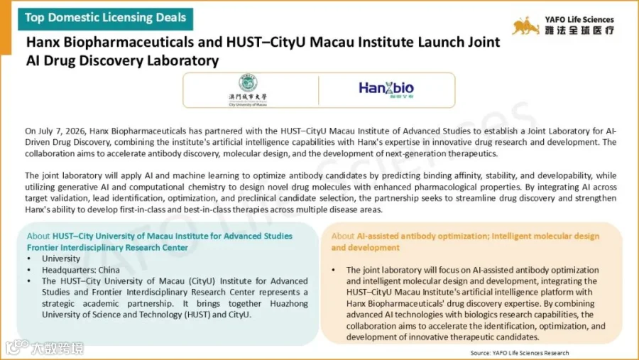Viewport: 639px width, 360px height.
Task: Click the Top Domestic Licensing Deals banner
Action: [105, 18]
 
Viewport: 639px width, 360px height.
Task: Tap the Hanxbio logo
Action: [386, 89]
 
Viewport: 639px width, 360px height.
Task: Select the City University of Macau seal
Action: [248, 83]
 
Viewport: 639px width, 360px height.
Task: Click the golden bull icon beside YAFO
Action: [525, 26]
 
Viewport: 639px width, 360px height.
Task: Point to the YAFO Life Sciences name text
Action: [579, 20]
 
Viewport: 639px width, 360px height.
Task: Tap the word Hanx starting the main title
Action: [43, 42]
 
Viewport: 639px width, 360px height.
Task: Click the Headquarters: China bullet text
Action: [81, 270]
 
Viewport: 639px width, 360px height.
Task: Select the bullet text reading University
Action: [61, 258]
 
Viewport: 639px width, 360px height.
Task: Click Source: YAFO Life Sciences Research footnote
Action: [520, 353]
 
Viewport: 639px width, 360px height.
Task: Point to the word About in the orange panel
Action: [343, 236]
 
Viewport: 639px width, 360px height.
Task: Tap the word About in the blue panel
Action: [38, 236]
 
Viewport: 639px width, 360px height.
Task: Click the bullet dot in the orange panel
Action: [334, 270]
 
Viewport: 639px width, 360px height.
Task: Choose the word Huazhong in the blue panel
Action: [289, 303]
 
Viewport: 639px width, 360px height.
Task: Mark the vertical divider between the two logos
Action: [319, 90]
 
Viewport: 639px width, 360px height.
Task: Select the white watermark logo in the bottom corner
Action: [45, 348]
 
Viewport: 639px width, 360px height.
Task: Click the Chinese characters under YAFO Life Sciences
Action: [579, 31]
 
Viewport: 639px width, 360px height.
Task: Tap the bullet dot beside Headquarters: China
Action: [29, 270]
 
